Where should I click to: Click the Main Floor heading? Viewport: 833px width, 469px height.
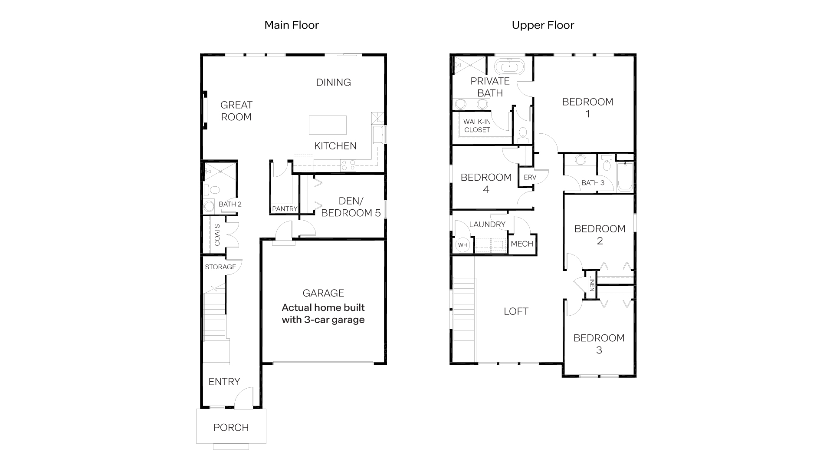pyautogui.click(x=292, y=25)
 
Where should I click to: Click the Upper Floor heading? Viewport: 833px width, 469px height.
pyautogui.click(x=543, y=25)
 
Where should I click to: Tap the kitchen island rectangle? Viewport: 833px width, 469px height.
pyautogui.click(x=328, y=125)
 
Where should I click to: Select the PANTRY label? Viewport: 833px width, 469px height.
pyautogui.click(x=285, y=209)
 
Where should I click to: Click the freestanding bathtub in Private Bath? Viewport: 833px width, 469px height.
pyautogui.click(x=509, y=67)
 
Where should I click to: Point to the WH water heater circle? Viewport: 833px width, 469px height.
pyautogui.click(x=463, y=245)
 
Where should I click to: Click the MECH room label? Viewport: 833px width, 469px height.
pyautogui.click(x=522, y=244)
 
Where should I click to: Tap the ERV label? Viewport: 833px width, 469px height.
pyautogui.click(x=530, y=177)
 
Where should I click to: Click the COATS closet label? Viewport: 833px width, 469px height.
pyautogui.click(x=217, y=235)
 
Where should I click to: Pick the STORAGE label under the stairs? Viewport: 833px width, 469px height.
pyautogui.click(x=220, y=267)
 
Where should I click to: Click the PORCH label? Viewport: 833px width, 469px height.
pyautogui.click(x=231, y=427)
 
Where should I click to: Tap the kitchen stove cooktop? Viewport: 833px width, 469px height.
pyautogui.click(x=348, y=165)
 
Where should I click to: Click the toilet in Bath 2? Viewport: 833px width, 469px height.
pyautogui.click(x=213, y=190)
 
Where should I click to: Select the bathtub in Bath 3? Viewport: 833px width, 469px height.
pyautogui.click(x=625, y=177)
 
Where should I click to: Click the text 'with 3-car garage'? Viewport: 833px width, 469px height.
pyautogui.click(x=323, y=320)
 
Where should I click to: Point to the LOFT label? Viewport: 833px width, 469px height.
pyautogui.click(x=516, y=311)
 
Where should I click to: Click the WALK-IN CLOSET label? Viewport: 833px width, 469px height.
pyautogui.click(x=477, y=126)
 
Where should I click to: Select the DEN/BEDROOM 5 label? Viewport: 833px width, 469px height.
pyautogui.click(x=351, y=207)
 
